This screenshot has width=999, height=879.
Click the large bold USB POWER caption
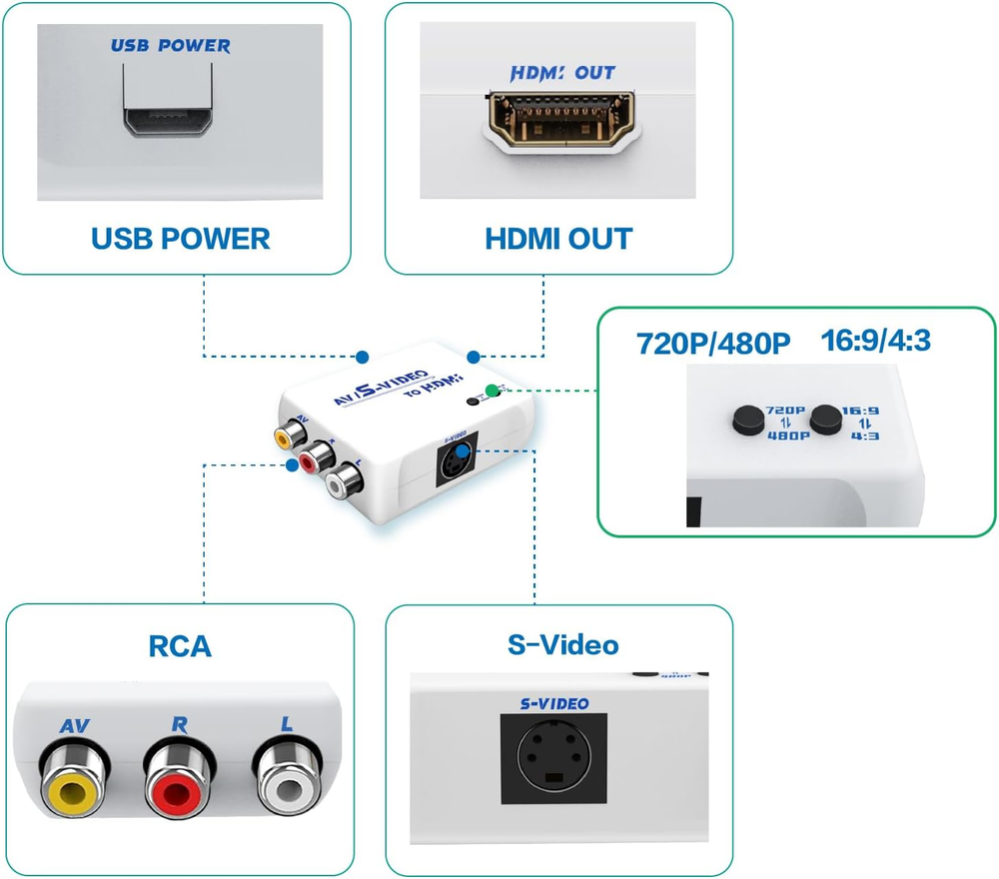tap(180, 239)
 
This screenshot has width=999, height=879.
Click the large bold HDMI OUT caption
tap(557, 239)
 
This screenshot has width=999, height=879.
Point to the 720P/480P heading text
tap(713, 344)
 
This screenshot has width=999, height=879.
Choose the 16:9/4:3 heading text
tap(875, 341)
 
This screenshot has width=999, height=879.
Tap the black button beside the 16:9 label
tap(824, 420)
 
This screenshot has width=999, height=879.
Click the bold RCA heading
tap(180, 645)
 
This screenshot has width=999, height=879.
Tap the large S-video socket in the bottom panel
tap(558, 759)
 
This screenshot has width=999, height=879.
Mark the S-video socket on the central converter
tap(456, 462)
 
